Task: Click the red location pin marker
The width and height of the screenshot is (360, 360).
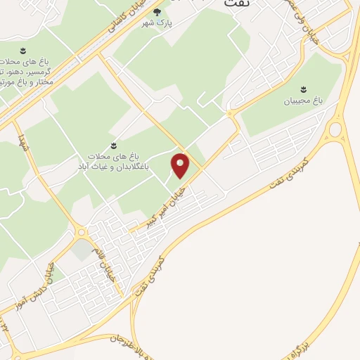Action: tap(181, 165)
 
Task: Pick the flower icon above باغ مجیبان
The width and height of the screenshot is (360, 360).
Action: tap(304, 89)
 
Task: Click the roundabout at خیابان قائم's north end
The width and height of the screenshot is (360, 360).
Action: tap(82, 232)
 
